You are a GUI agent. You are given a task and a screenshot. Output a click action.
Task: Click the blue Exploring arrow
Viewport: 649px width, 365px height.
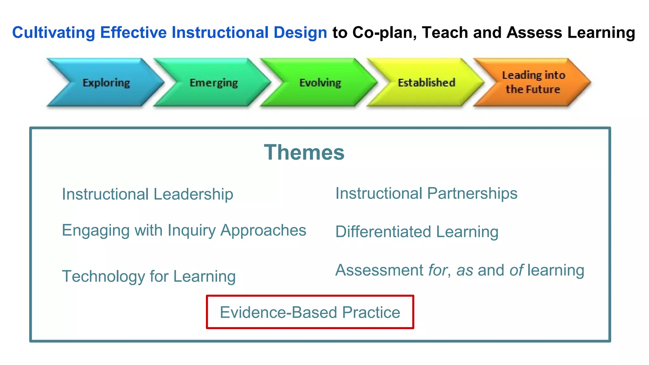tap(106, 83)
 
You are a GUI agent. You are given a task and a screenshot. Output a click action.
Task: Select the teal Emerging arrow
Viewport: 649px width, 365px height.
tap(214, 83)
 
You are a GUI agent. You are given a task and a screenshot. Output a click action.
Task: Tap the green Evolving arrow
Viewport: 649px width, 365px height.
tap(320, 83)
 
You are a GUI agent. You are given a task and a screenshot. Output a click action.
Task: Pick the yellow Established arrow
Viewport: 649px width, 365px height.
tap(427, 83)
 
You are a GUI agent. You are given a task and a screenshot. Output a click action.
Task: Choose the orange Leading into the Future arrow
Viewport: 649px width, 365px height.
tap(533, 82)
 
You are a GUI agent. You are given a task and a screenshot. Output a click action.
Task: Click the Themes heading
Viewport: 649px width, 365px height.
tap(304, 152)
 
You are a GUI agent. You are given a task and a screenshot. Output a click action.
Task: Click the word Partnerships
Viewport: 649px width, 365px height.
tap(472, 194)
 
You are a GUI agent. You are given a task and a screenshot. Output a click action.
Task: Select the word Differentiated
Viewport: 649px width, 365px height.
tap(383, 232)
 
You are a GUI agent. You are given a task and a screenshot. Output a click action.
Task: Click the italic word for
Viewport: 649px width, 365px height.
tap(438, 270)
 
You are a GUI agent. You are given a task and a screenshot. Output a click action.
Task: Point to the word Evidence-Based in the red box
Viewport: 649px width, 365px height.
tap(278, 312)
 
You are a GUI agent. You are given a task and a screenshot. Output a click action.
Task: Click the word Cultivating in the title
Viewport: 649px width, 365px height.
tap(54, 33)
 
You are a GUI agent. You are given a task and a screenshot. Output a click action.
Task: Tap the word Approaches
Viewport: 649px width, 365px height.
tap(263, 230)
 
